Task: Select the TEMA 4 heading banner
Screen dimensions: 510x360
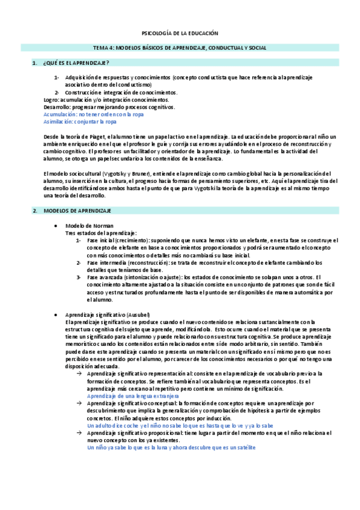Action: point(180,48)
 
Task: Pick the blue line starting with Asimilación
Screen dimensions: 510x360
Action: point(81,121)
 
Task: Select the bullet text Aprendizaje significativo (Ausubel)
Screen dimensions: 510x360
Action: point(108,315)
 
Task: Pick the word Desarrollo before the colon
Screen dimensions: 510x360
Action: point(58,106)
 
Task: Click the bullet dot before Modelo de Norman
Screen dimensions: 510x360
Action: point(56,226)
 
